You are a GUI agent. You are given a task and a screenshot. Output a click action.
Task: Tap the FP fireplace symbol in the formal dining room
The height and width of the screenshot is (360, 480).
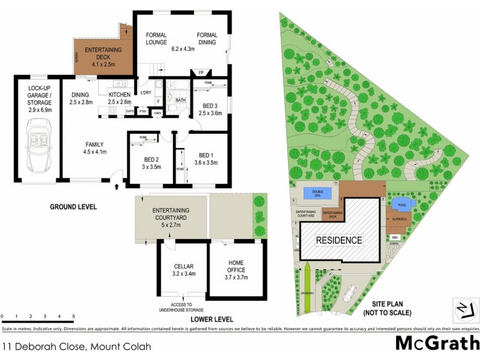tap(200, 73)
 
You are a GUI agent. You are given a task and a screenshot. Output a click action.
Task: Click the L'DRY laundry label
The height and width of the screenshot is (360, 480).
tap(145, 92)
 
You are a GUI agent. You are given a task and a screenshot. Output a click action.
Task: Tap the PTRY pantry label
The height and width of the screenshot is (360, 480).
tap(143, 111)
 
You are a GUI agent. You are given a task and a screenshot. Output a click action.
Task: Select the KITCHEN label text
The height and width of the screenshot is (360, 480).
tap(119, 95)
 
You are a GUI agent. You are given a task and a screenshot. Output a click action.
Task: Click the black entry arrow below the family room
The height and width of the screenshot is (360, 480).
tap(115, 186)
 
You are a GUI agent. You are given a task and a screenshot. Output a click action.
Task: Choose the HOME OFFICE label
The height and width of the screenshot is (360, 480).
tap(235, 266)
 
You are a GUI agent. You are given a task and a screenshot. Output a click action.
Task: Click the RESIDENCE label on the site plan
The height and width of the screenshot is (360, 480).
tap(340, 240)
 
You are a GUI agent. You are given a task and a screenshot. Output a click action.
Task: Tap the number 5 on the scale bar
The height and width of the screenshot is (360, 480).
tap(73, 316)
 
